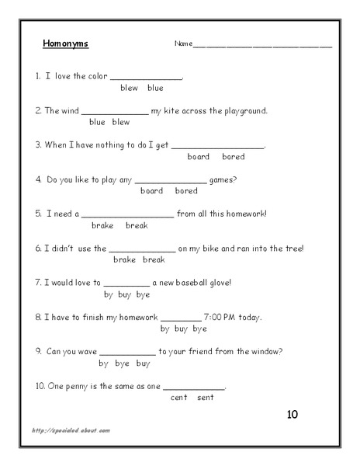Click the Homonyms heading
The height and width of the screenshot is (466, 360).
pyautogui.click(x=65, y=43)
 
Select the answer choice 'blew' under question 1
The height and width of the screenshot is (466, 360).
pyautogui.click(x=129, y=88)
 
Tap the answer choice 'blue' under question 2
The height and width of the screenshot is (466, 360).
pyautogui.click(x=97, y=122)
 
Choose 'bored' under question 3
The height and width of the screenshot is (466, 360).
pyautogui.click(x=233, y=156)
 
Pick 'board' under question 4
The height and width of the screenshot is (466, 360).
pyautogui.click(x=151, y=190)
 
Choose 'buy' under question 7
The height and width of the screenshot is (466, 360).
pyautogui.click(x=129, y=294)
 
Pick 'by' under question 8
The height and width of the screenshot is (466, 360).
pyautogui.click(x=164, y=329)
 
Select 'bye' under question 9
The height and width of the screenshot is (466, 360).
pyautogui.click(x=122, y=363)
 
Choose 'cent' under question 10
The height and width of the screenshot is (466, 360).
pyautogui.click(x=178, y=397)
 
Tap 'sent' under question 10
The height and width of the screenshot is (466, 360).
pyautogui.click(x=205, y=397)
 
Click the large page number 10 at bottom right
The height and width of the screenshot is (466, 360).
pyautogui.click(x=292, y=415)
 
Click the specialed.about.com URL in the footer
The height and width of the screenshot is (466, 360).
pyautogui.click(x=71, y=429)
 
